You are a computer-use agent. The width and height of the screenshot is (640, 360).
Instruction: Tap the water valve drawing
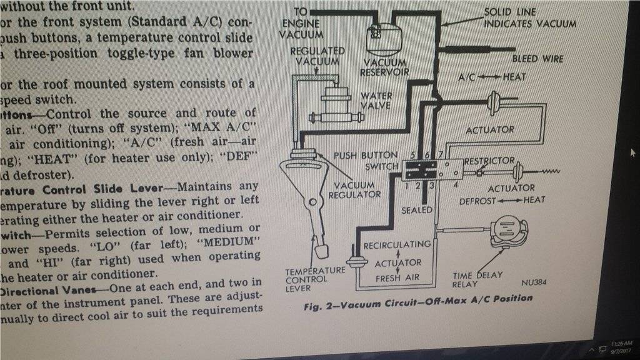(x=337, y=103)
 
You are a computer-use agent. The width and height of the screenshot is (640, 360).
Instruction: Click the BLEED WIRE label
(x=537, y=59)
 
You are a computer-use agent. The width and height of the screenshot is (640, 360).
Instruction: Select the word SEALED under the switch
(x=417, y=210)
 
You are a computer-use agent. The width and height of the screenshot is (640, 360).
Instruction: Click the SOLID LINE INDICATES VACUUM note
(x=530, y=18)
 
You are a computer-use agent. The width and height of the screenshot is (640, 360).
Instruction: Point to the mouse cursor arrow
(x=632, y=152)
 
